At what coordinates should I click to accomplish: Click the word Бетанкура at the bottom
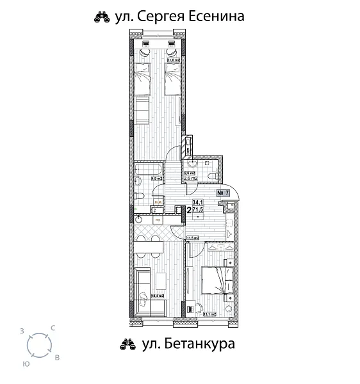coord(199,344)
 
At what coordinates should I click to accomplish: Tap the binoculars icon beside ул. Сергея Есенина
coord(100,18)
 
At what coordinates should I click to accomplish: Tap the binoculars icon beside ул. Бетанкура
coord(127,346)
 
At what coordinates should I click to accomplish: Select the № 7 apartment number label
coord(224,193)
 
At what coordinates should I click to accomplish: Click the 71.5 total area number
coord(198,209)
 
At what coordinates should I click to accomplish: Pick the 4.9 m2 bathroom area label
coord(155,179)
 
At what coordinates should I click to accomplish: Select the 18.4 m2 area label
coord(156,296)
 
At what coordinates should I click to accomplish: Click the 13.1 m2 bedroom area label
coord(208,314)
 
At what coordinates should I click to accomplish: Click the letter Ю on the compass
coord(26,363)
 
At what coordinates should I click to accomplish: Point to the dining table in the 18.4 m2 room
coord(149,244)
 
